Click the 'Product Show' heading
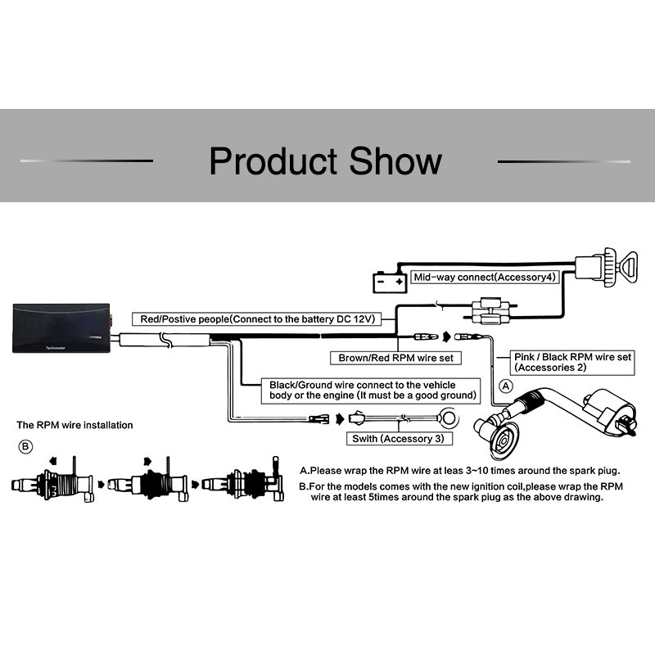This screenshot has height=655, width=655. point(325,160)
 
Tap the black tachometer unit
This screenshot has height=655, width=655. point(61,328)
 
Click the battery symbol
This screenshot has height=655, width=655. point(390,282)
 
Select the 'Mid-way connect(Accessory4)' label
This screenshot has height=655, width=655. point(485,278)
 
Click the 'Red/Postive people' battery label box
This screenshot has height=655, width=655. point(257,319)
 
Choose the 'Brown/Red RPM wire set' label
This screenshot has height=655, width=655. point(395,358)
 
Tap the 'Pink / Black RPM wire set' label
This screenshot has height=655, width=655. point(572,362)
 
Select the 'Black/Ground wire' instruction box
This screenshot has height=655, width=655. point(371,391)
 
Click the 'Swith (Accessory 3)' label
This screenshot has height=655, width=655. point(400,439)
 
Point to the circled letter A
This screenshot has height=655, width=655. point(506,386)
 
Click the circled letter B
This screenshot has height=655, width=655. point(25,446)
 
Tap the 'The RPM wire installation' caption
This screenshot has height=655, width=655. point(75,425)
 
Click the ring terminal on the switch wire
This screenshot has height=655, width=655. point(448,418)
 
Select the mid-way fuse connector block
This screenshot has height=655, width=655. point(490,311)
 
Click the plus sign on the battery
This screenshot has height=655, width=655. point(400,281)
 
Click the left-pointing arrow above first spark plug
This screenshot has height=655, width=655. point(52,461)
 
